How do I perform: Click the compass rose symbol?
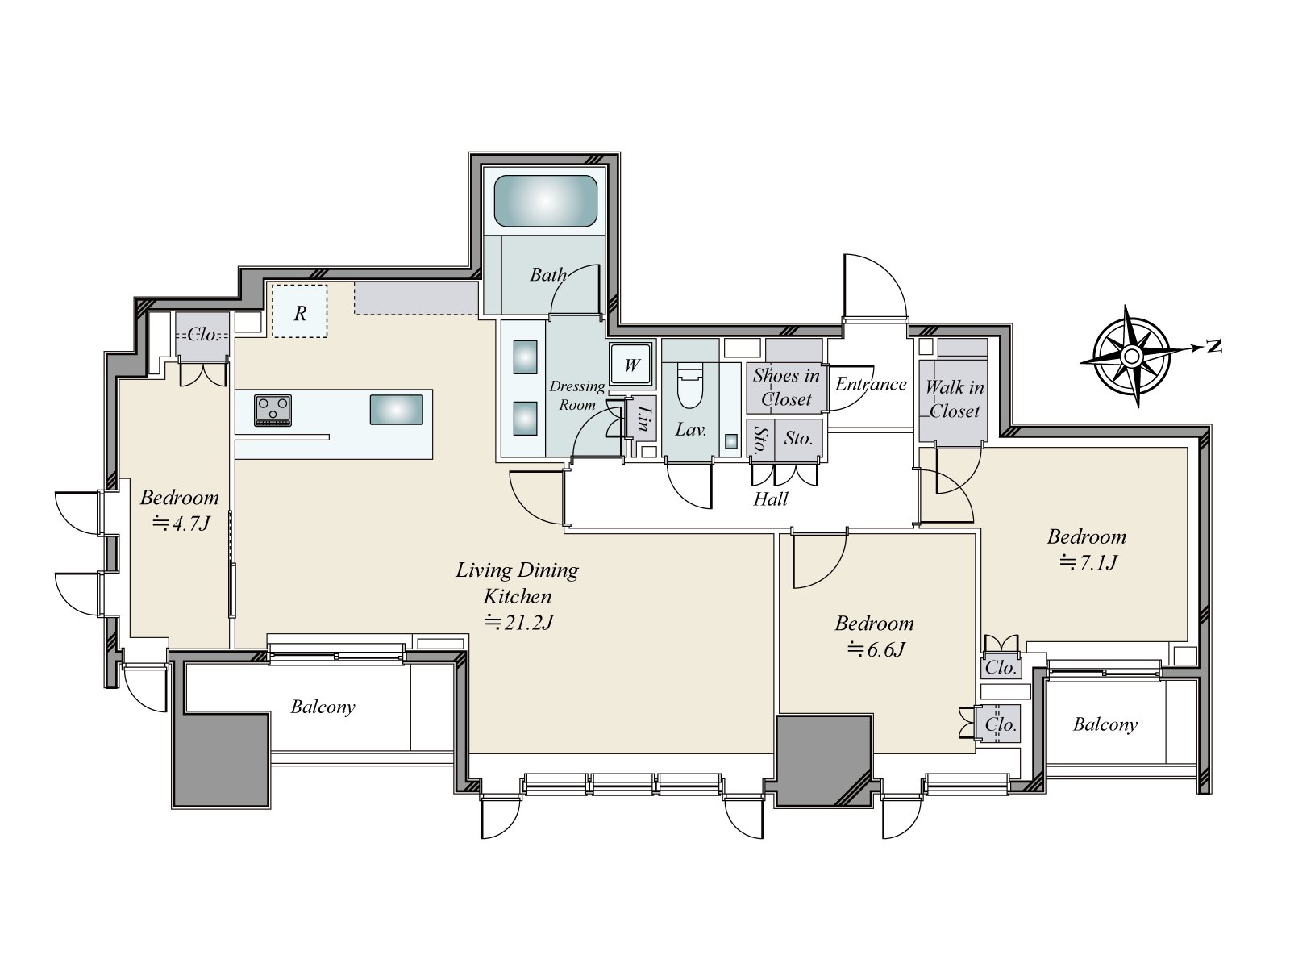(x=1130, y=357)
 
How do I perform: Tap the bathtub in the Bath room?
(x=545, y=201)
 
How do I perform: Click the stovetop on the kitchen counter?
(x=273, y=410)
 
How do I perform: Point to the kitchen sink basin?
(x=396, y=410)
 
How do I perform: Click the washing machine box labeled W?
(x=631, y=365)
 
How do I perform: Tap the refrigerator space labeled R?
(x=300, y=311)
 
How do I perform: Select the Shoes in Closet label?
(x=786, y=386)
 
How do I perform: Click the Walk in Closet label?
(x=955, y=398)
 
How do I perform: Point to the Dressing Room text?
(x=577, y=395)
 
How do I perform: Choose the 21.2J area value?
(x=518, y=622)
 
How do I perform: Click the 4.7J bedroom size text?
(x=181, y=523)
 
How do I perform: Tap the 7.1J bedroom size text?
(x=1088, y=562)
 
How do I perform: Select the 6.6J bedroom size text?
(x=876, y=649)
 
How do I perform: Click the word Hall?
(x=771, y=499)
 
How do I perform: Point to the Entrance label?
(x=871, y=384)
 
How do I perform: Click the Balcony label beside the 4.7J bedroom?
(x=322, y=707)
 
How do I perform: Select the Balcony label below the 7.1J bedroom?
(x=1105, y=724)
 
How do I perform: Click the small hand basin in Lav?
(x=730, y=440)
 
